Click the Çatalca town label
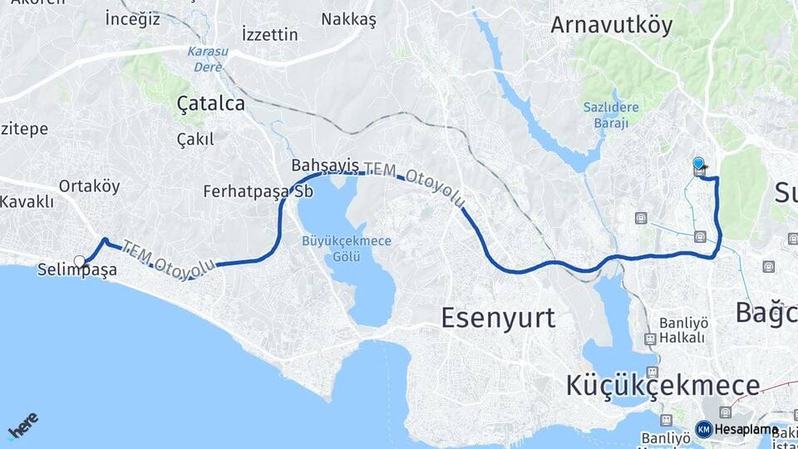point(210,103)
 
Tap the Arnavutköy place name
point(611,25)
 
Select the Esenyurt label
point(498,317)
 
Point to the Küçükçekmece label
point(663,385)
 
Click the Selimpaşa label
point(76,270)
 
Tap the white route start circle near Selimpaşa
point(80,261)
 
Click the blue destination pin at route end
point(698,164)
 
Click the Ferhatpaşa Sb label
point(258,191)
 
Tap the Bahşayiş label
point(325,165)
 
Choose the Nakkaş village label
point(349,18)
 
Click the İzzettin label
point(269,34)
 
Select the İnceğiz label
point(133,18)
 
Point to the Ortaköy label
point(89,186)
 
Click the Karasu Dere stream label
point(204,58)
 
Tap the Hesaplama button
point(736,429)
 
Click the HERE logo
point(22,425)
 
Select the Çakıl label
point(195,139)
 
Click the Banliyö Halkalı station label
point(682,330)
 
